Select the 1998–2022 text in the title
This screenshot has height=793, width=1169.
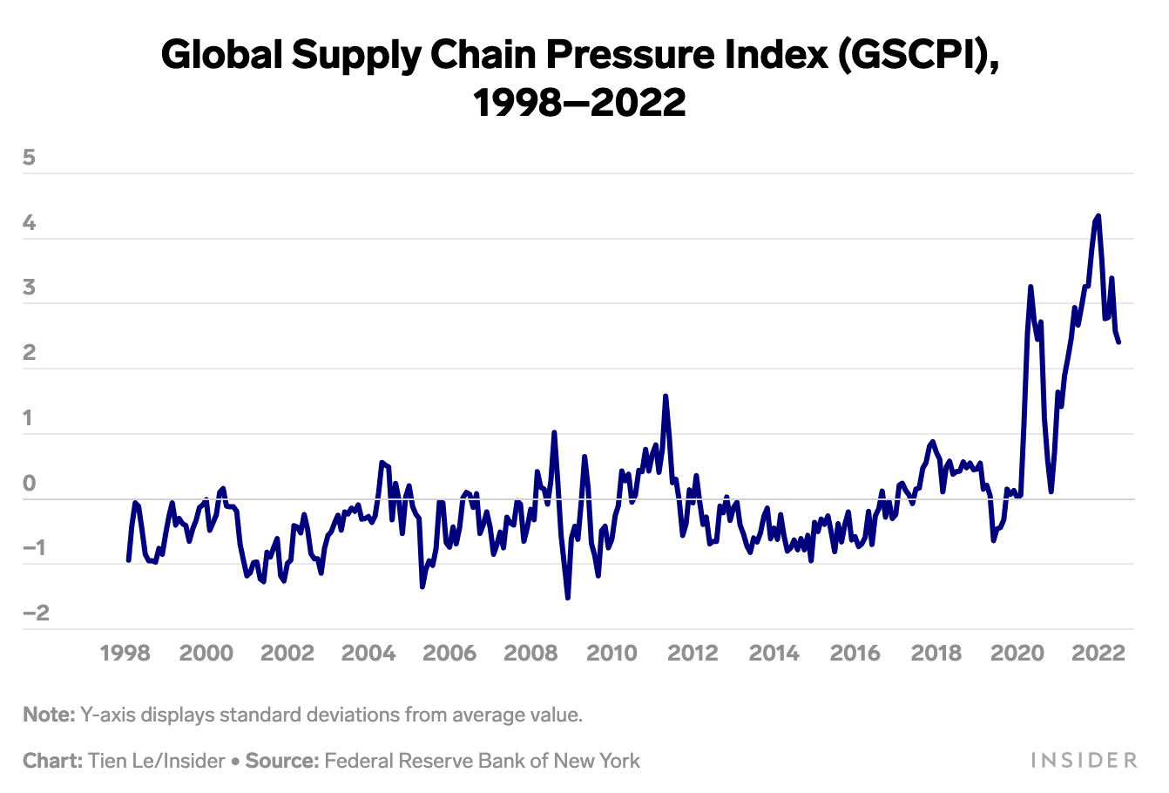579,103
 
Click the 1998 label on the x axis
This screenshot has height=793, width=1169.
125,653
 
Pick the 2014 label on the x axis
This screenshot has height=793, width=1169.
774,653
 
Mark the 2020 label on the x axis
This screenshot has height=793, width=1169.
1017,653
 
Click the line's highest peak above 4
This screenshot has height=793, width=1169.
1098,215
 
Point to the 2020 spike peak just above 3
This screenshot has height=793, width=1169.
1030,286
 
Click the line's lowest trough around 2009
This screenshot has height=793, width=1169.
568,598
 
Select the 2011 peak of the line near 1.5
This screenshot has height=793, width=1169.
666,396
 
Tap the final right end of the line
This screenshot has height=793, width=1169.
1118,342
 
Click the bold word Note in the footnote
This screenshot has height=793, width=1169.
49,715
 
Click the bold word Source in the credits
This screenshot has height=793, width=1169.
280,761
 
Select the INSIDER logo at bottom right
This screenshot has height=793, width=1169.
1084,761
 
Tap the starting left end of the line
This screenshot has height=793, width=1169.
129,560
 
